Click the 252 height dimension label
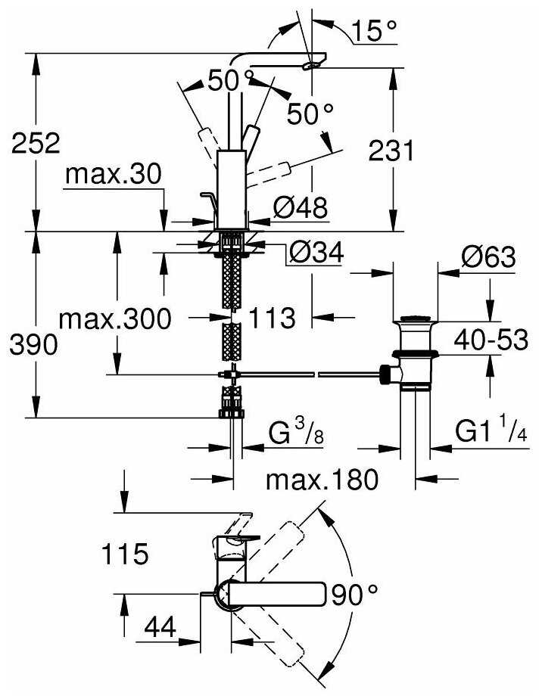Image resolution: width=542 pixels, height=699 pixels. coord(36,144)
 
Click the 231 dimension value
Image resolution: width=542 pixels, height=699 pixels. coord(391,151)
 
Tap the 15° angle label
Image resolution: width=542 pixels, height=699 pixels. coord(374,31)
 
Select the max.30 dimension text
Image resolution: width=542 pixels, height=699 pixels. coord(114,174)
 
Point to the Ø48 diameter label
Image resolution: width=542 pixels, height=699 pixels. coord(301,207)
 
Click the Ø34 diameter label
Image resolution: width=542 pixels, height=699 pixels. coord(316,253)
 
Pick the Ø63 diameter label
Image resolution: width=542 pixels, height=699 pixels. coord(488,256)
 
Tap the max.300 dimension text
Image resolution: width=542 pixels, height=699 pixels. coord(115,318)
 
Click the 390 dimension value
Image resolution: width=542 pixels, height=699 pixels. coord(33,345)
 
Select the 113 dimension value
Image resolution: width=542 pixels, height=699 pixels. coord(272,318)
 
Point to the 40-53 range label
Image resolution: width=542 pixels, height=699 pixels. coord(491,340)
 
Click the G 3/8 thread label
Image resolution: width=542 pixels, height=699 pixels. coord(297,433)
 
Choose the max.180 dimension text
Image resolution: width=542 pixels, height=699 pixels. coord(322,480)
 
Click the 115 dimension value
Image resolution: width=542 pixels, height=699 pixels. coord(126,554)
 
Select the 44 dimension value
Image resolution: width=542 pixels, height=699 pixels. coord(160,628)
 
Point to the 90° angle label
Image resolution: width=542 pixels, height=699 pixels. coord(354,595)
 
